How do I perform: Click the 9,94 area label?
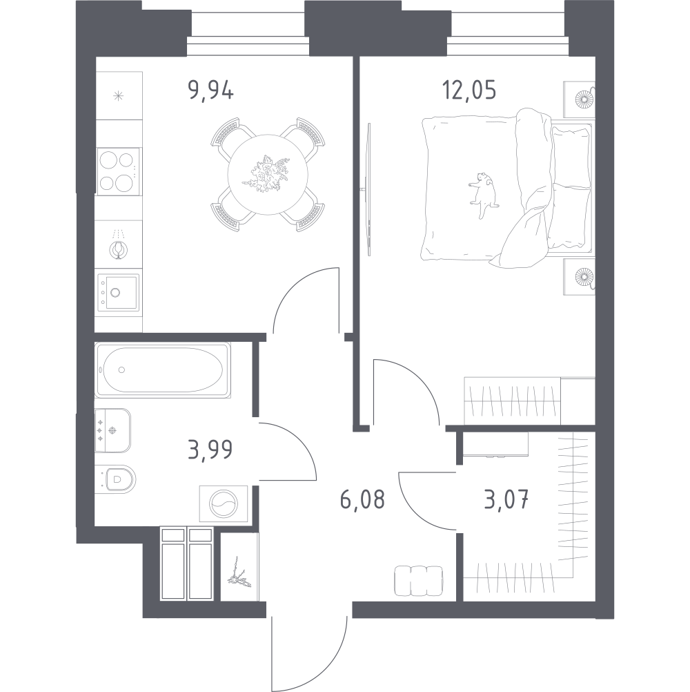pos(210,92)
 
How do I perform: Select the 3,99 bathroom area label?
pos(210,450)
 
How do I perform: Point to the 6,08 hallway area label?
pos(363,499)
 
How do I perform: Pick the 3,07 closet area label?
pos(506,500)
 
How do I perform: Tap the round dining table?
pos(267,175)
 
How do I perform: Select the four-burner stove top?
pos(118,171)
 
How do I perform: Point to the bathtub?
pos(163,370)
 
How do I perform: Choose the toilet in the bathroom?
pos(115,479)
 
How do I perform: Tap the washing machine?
pos(224,503)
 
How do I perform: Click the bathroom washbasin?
pos(113,430)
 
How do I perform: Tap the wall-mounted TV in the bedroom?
pos(368,189)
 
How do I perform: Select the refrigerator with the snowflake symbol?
pos(119,95)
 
